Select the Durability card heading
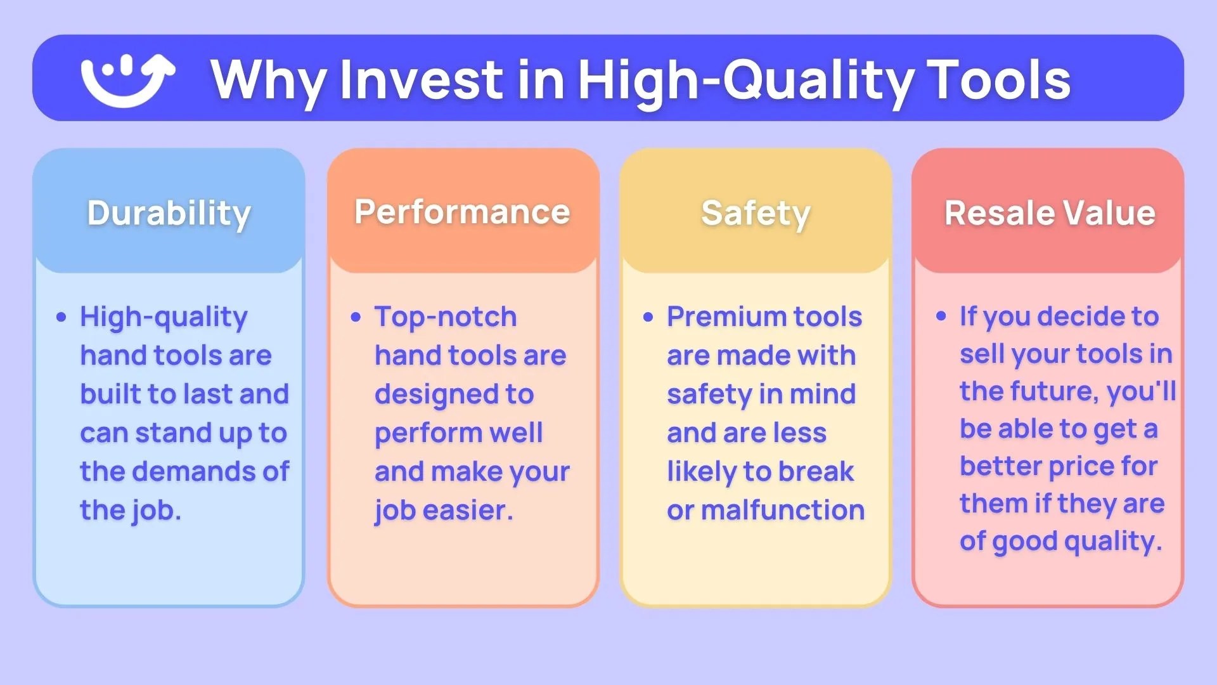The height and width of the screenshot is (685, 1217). [169, 213]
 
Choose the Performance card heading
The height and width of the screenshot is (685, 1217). [462, 212]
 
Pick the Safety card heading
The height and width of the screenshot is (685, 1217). [756, 213]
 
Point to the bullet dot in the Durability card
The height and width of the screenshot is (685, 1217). [61, 317]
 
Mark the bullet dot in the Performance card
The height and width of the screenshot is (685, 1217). [356, 317]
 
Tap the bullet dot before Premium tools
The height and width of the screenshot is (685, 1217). [648, 317]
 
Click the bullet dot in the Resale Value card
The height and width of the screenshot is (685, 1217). [941, 316]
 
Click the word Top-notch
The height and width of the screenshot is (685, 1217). [445, 316]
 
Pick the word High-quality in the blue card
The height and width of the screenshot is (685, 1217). [164, 317]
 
